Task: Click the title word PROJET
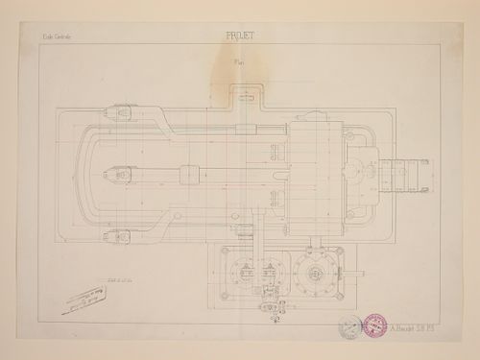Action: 240,41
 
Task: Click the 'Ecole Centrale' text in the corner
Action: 56,41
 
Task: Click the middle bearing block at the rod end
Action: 114,177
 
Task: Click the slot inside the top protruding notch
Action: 247,95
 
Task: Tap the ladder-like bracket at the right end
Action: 404,177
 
